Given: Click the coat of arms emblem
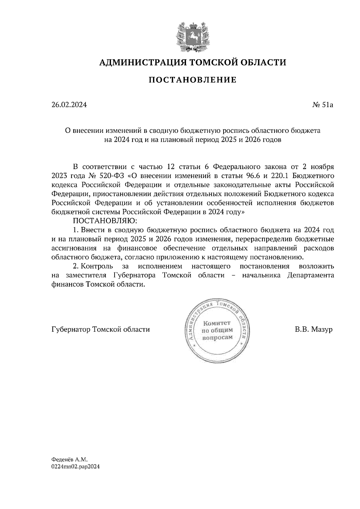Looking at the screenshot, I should (192, 36).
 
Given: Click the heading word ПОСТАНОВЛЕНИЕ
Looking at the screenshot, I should (193, 80).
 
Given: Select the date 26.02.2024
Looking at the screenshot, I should (69, 105).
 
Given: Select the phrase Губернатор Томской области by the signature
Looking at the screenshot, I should (100, 330).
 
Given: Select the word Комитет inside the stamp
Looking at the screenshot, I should (217, 323).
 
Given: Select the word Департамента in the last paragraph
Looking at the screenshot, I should (310, 275).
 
